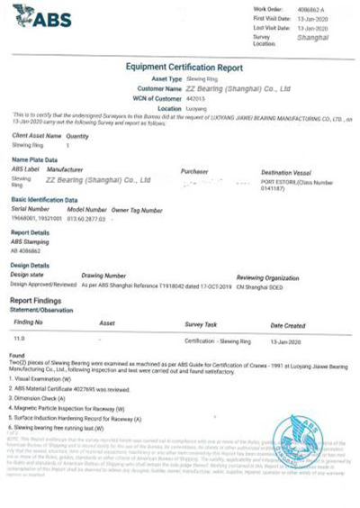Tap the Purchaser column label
(x=195, y=169)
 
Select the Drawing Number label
(x=103, y=276)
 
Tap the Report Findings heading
(x=37, y=299)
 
